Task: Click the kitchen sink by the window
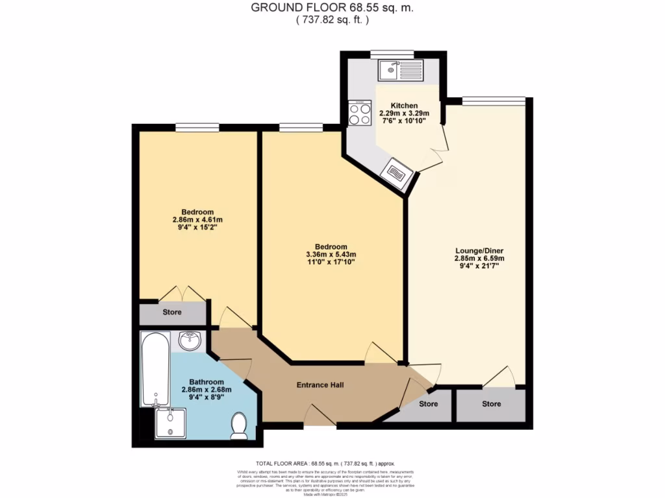click(401, 69)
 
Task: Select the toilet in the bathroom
click(239, 425)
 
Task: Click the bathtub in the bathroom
click(156, 369)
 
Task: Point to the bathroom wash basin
click(190, 341)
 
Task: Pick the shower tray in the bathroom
click(171, 424)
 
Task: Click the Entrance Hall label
click(320, 385)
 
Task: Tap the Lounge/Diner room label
click(479, 250)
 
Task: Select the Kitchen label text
click(404, 106)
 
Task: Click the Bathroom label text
click(207, 382)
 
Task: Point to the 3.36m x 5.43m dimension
click(331, 254)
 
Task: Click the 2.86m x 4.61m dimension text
click(197, 220)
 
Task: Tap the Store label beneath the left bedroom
click(172, 313)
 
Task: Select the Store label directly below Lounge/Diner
click(492, 404)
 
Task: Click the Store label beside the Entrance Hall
click(429, 404)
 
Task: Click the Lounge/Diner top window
click(494, 100)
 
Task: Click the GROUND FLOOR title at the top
click(332, 8)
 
